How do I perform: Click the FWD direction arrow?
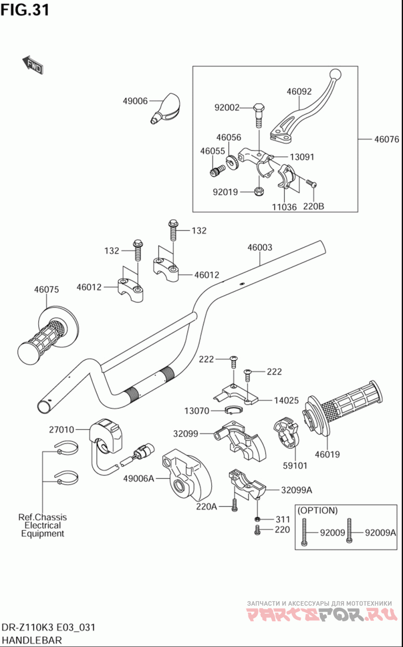32,64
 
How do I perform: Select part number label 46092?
299,92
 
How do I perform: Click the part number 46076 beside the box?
386,139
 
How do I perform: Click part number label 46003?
260,247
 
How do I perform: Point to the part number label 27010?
61,430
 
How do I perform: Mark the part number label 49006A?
138,479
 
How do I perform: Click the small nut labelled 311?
257,520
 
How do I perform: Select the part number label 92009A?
380,532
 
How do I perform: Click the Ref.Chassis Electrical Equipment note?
42,525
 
